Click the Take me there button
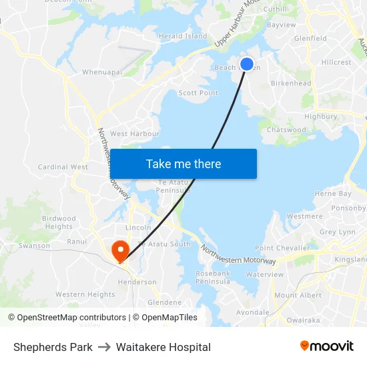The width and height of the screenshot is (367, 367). point(183,163)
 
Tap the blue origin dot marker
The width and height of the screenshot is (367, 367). point(247,64)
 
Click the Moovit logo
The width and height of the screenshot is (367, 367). point(327,346)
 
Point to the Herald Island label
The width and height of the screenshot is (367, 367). point(183,36)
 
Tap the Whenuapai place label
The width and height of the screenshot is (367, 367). point(102,72)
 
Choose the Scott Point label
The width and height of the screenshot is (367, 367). point(198,93)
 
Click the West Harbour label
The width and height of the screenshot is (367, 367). point(135,133)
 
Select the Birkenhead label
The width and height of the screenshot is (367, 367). point(291,83)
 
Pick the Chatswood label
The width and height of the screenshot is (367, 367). point(286,129)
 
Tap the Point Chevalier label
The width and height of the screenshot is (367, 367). point(283,248)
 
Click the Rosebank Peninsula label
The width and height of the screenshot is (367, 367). point(213,278)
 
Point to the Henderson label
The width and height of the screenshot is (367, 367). point(137,282)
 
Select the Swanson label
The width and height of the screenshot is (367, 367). point(34,246)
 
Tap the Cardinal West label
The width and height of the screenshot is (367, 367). point(63,167)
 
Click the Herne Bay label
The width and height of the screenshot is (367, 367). point(332,194)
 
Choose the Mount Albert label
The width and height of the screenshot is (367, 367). point(298,295)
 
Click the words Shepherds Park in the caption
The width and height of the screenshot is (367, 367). point(53,347)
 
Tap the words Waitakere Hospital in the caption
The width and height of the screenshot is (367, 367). point(163,347)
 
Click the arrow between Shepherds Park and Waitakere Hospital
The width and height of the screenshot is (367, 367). point(104,347)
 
